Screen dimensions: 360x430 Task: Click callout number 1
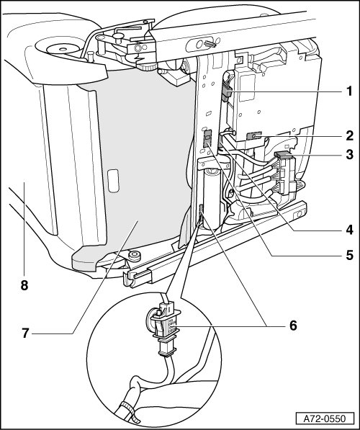pos(349,91)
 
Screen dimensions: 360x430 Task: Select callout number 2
pos(349,135)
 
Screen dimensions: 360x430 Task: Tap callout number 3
pos(349,155)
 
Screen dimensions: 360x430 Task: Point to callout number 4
pos(349,230)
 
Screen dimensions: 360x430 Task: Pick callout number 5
pos(349,255)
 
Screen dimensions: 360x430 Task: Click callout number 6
pos(293,326)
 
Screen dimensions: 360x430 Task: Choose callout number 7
pos(25,333)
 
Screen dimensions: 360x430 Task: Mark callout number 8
pos(24,285)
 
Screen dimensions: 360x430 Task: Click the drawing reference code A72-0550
pos(325,419)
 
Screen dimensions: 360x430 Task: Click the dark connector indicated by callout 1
pos(227,92)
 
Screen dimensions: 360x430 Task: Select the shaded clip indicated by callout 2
pos(253,136)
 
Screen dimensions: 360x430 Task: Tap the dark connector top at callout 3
pos(284,156)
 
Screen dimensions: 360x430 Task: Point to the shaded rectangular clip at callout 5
pos(207,138)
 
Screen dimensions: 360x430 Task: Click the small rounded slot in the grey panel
pos(113,181)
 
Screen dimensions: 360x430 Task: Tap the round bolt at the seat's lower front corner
pos(134,256)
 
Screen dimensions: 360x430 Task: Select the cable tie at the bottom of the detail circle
pos(129,411)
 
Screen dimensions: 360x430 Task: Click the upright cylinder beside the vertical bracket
pos(212,198)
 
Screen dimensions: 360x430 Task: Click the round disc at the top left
pos(63,50)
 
